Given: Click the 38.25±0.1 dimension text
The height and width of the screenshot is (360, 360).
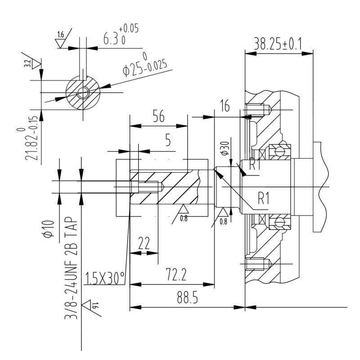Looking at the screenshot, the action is (278, 44).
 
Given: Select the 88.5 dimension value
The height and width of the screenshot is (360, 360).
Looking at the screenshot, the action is (187, 297).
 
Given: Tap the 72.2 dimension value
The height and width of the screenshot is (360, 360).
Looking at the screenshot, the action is (176, 275).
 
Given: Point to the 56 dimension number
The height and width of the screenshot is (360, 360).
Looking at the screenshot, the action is (159, 116).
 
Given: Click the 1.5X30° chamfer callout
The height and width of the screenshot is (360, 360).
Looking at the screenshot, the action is (105, 278).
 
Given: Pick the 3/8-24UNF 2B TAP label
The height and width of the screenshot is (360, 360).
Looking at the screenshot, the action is (71, 268).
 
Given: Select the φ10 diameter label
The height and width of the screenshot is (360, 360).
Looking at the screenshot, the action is (49, 229).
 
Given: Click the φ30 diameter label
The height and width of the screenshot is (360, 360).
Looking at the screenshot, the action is (224, 148).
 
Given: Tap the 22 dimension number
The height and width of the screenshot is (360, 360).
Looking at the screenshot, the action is (144, 243).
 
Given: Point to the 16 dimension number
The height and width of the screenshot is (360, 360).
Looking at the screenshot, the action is (225, 105).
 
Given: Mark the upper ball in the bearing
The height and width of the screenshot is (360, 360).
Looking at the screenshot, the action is (279, 151).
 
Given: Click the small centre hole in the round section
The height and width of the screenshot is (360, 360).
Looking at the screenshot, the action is (83, 93).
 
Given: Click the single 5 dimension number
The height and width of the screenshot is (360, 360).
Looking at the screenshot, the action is (168, 140).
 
